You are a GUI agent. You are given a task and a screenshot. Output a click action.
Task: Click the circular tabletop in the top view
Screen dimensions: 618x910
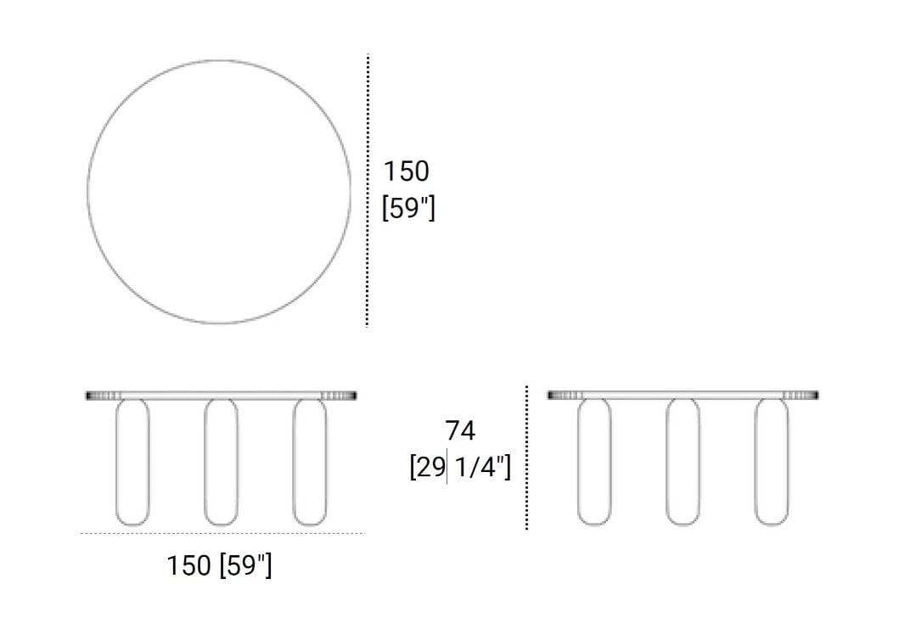click(x=219, y=191)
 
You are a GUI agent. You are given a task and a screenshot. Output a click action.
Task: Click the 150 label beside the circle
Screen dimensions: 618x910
click(x=407, y=171)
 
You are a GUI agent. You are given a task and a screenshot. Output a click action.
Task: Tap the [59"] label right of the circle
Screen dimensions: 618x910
click(x=408, y=208)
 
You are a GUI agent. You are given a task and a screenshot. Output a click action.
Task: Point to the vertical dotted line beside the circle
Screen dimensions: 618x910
click(x=368, y=191)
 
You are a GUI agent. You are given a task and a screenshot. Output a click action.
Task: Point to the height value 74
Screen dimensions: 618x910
click(x=460, y=431)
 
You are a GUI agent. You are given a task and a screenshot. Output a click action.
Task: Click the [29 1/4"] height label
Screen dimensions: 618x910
click(x=460, y=468)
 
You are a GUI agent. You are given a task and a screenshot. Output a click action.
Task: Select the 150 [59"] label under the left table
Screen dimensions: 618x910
click(x=220, y=565)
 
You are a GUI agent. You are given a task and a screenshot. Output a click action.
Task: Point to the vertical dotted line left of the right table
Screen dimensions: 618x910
click(x=526, y=458)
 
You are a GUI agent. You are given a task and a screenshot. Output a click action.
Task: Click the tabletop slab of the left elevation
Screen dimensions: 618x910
click(x=221, y=395)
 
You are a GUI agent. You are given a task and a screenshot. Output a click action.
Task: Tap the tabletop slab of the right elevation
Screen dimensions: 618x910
click(x=682, y=395)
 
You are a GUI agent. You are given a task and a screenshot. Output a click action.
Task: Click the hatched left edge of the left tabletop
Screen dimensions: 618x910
click(x=104, y=395)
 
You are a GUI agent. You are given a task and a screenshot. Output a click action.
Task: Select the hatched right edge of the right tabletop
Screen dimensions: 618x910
click(x=800, y=395)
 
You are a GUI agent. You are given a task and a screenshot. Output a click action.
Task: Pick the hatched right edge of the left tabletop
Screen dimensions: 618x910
click(x=339, y=395)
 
